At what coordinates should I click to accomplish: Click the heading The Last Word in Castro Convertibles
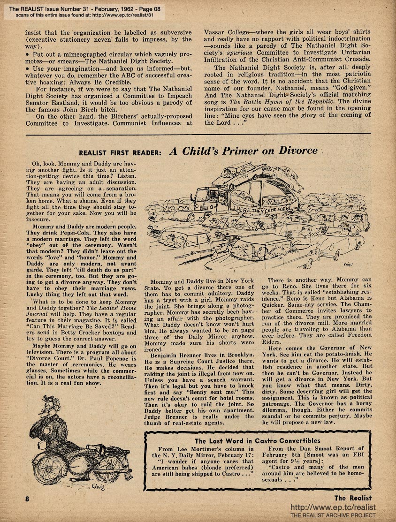(258, 440)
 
